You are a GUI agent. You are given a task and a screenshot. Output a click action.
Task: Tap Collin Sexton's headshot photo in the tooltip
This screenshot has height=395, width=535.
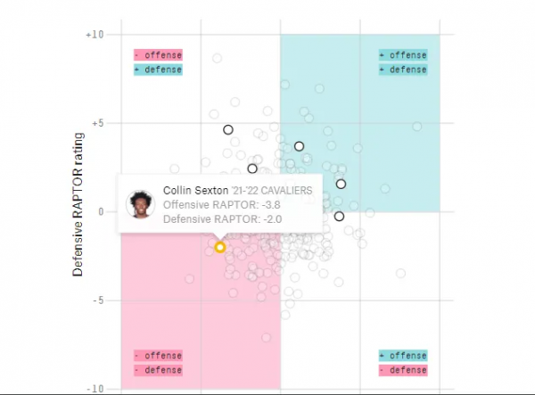coord(141,204)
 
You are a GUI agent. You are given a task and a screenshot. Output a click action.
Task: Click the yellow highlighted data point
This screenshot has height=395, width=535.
coord(220,247)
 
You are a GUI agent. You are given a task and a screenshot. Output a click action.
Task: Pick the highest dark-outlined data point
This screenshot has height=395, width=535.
coord(228,129)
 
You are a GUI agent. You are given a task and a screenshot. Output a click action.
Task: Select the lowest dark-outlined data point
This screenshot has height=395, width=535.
coord(339,216)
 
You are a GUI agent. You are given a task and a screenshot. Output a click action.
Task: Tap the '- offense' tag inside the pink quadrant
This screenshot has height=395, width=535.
coord(158,355)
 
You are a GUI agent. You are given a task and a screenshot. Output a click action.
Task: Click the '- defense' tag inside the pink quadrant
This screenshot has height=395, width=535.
coord(158,369)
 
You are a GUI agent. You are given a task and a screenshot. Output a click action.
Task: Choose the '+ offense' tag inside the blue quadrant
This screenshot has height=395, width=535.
coord(402,55)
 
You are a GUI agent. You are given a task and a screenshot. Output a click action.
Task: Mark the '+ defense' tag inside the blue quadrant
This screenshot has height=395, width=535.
coord(402,70)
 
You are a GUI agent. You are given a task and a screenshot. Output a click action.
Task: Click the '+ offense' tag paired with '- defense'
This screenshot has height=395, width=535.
coord(402,355)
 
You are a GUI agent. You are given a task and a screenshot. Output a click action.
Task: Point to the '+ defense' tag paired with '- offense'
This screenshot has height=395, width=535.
coord(158,70)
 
